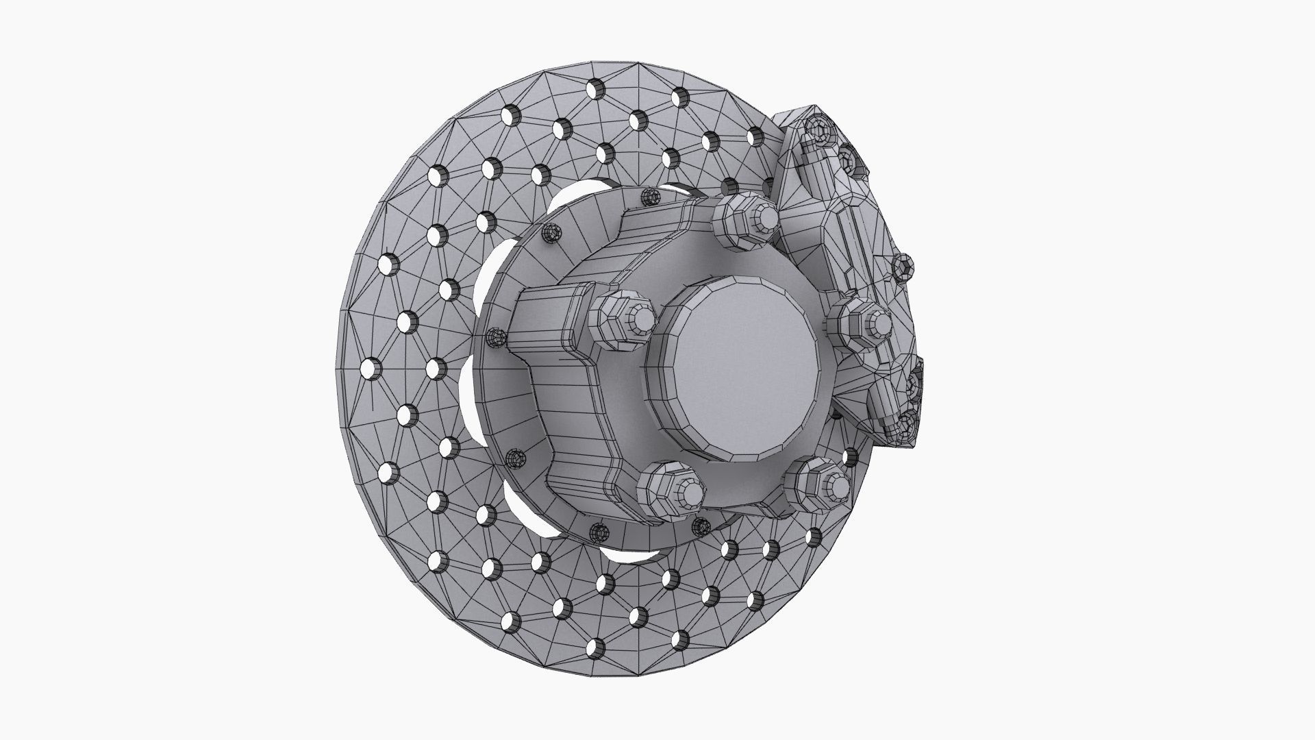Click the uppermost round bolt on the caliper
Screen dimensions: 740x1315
817,129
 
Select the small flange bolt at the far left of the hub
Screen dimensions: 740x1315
494,336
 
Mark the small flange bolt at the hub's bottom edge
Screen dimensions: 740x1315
600,531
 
